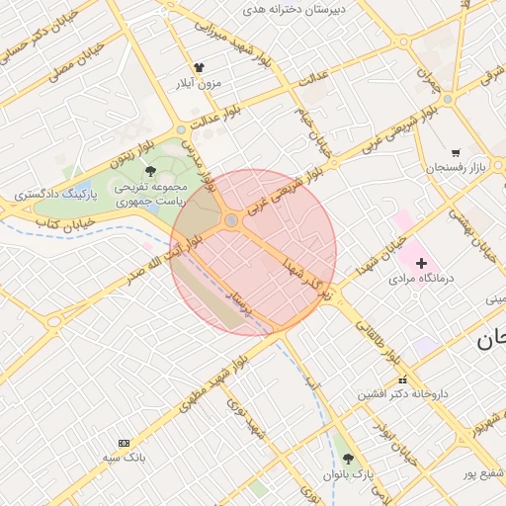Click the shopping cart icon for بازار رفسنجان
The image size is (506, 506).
click(455, 153)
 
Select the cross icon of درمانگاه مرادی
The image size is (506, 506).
click(422, 263)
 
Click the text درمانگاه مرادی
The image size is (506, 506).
click(420, 279)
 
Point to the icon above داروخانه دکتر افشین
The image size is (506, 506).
click(402, 379)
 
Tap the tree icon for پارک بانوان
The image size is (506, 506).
click(348, 459)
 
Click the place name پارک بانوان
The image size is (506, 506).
click(349, 474)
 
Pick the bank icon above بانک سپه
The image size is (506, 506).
click(124, 443)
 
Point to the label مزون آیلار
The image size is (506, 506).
click(197, 84)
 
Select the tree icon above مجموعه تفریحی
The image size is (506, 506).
click(150, 171)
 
